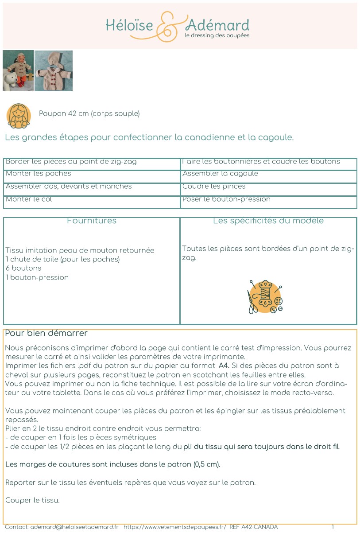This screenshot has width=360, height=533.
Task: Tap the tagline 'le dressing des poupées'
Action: point(217,35)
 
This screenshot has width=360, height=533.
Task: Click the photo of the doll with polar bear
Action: point(18,70)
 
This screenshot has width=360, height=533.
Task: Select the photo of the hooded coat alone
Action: point(54,70)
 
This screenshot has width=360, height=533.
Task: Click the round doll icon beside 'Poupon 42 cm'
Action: point(19,116)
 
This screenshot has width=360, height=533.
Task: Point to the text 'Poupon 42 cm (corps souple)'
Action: point(89,113)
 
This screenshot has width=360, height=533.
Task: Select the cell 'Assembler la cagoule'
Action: point(220,174)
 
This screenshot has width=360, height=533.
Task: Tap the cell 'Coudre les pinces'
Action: point(214,187)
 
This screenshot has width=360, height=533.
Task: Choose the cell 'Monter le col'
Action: point(29,199)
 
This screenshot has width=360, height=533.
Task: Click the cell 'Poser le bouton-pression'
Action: point(226,199)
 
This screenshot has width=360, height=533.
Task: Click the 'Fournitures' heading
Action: point(92,221)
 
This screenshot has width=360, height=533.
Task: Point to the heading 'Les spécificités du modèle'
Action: point(268,221)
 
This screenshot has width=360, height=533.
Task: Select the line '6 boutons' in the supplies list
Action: point(23,268)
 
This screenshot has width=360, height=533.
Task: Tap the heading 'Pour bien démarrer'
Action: point(46,333)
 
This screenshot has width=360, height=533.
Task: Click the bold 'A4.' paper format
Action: point(224,366)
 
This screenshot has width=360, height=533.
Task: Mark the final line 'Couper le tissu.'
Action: point(32,500)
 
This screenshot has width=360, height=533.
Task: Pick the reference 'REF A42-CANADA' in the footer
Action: point(254,527)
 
